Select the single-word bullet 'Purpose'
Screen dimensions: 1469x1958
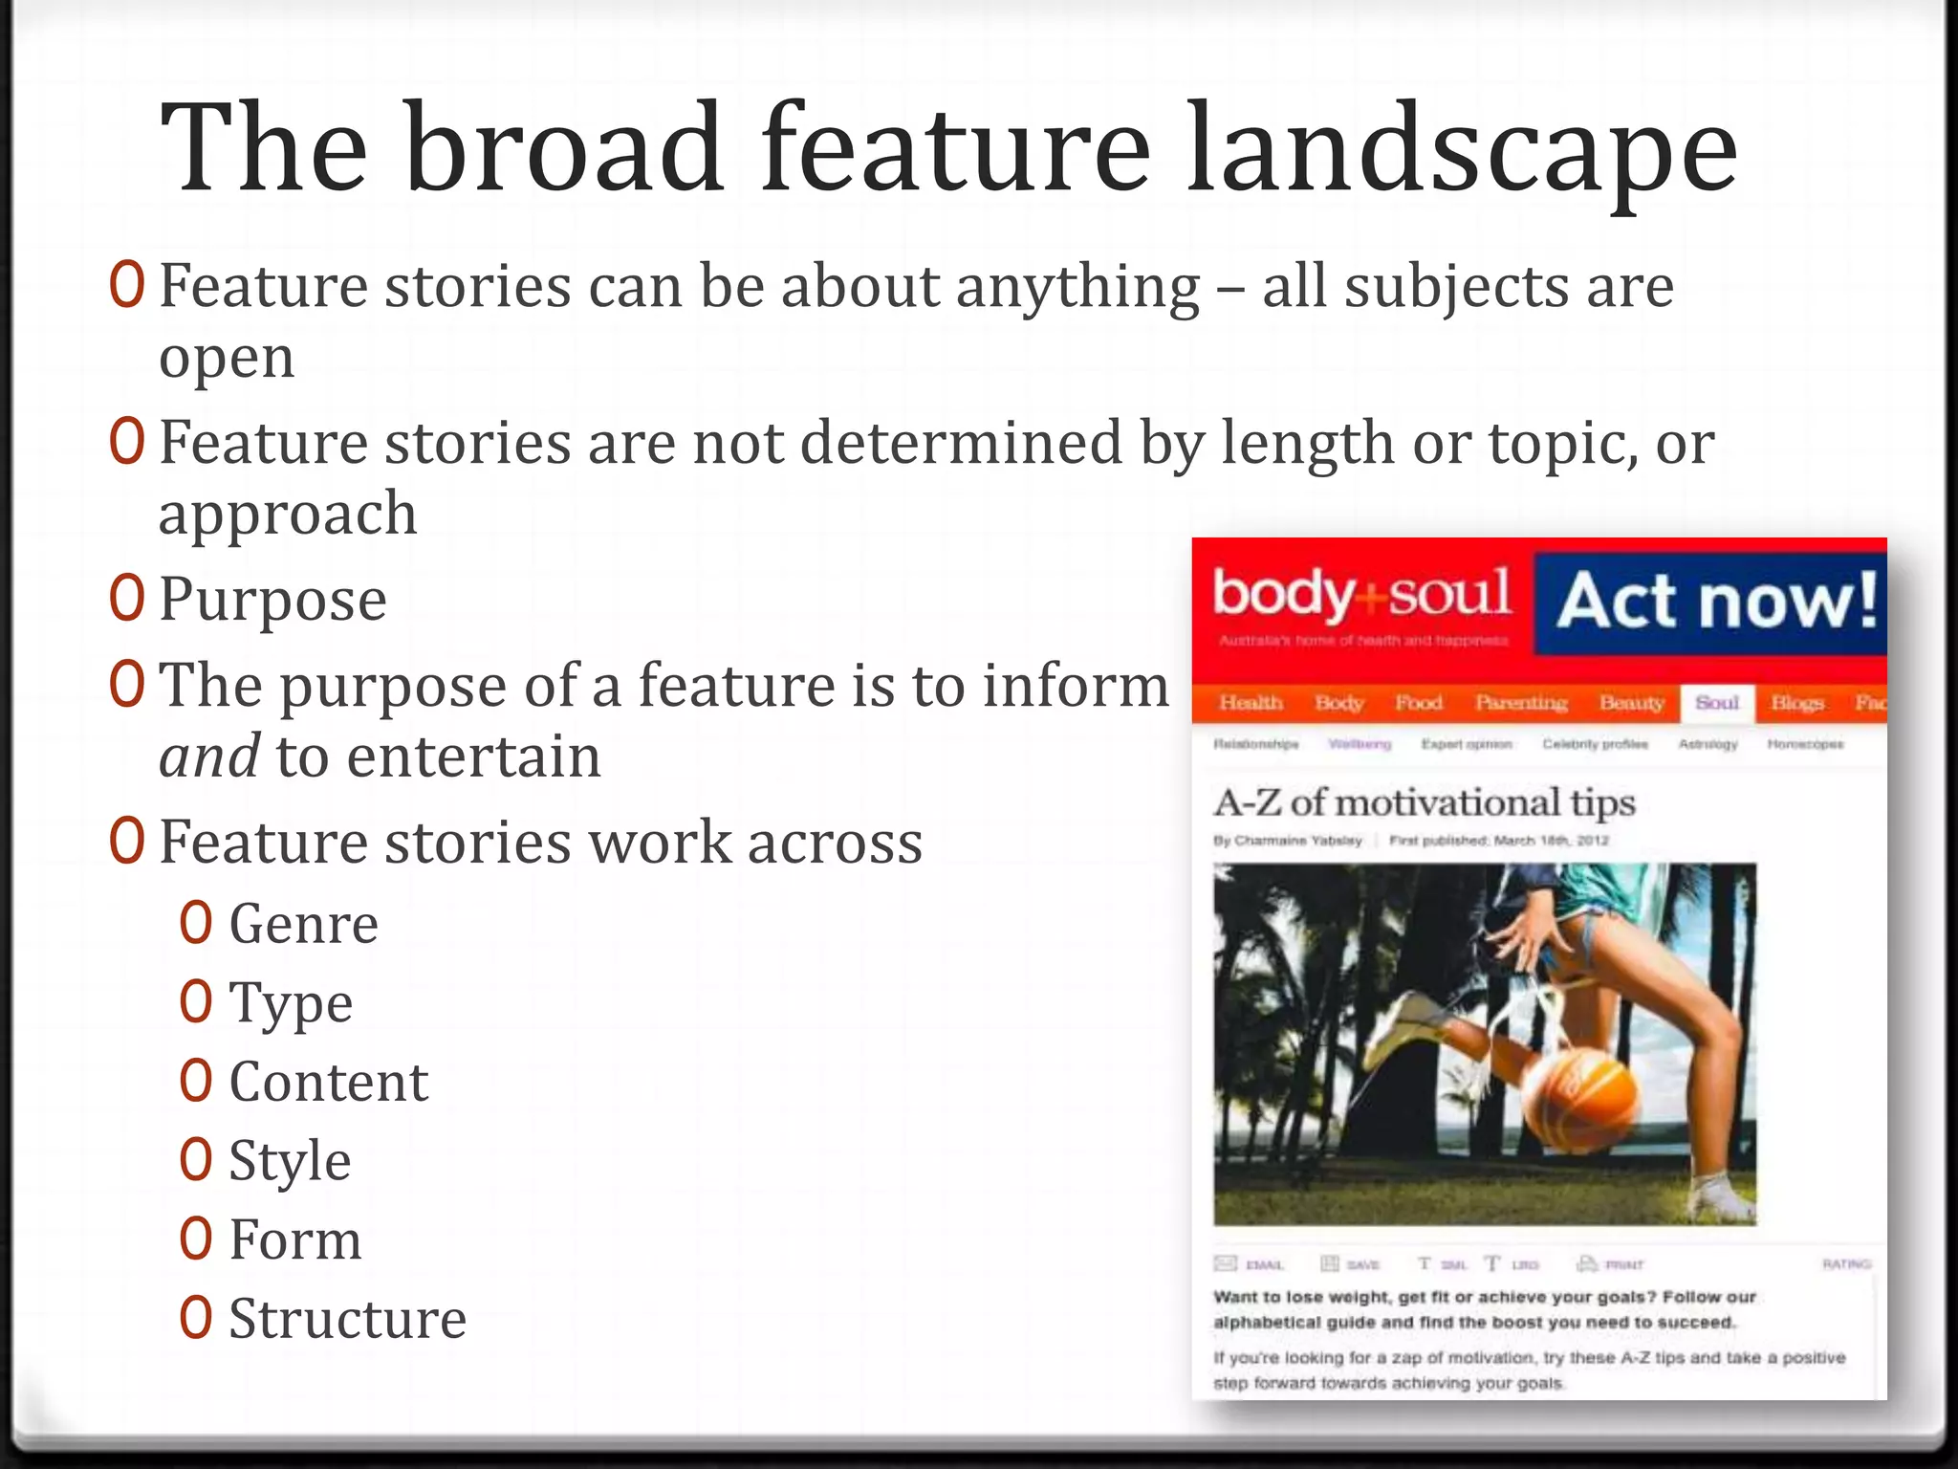coord(272,601)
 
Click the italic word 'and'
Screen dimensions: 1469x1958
coord(208,757)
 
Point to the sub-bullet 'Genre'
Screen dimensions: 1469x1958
coord(303,925)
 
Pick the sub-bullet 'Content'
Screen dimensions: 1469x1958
coord(328,1083)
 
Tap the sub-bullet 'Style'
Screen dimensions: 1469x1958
coord(290,1162)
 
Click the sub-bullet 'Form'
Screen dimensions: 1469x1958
coord(295,1240)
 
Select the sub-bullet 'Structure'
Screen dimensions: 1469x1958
coord(347,1320)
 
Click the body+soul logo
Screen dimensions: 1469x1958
coord(1361,596)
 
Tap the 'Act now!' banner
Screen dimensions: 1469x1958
coord(1715,603)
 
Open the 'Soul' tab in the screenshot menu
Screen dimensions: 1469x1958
coord(1716,703)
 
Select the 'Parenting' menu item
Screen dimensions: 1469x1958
coord(1520,703)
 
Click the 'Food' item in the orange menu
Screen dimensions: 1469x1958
coord(1418,703)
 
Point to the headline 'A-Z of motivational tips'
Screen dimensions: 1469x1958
coord(1425,802)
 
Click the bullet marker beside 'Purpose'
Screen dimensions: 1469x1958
coord(126,599)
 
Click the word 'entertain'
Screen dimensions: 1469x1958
coord(473,757)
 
